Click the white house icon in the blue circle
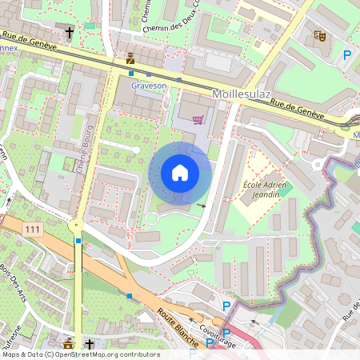(180, 173)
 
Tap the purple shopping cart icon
(198, 120)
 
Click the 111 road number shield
(32, 230)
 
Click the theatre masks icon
(319, 36)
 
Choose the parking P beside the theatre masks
(346, 55)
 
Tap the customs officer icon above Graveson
(130, 58)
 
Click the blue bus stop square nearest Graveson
(131, 73)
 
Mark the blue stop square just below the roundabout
(78, 240)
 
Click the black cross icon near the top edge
(70, 33)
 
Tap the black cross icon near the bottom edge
(89, 345)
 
